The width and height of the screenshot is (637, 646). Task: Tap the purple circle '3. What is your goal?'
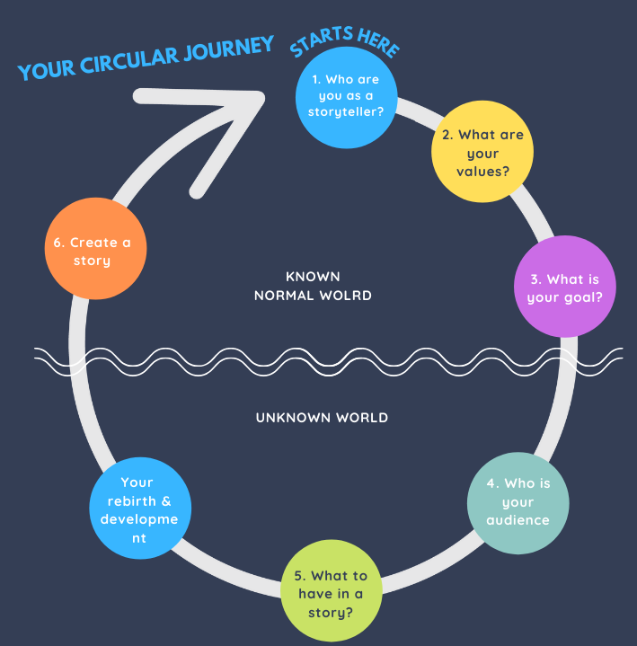point(564,287)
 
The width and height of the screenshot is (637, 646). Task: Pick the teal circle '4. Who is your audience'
point(518,501)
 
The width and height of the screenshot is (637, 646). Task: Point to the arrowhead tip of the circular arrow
point(267,94)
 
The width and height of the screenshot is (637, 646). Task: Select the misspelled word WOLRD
point(348,295)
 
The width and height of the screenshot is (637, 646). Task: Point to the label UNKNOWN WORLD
point(322,418)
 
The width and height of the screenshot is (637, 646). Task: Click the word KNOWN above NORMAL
point(313,277)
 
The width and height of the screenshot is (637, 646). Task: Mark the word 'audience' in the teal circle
point(518,519)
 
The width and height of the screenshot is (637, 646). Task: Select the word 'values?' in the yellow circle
point(482,170)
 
